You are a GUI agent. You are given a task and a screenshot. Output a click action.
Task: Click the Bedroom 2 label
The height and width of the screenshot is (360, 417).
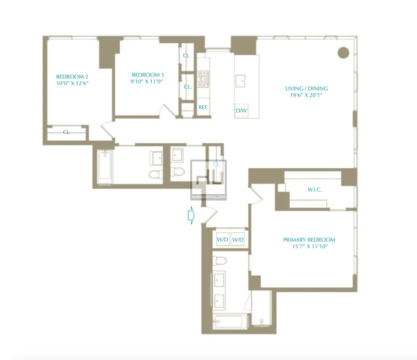(x=72, y=77)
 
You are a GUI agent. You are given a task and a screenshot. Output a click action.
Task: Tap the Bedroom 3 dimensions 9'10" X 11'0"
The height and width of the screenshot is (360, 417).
(x=146, y=81)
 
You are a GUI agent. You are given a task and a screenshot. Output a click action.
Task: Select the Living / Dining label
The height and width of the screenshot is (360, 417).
(x=306, y=89)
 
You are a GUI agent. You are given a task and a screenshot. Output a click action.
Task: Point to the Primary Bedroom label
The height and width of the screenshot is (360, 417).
(x=309, y=240)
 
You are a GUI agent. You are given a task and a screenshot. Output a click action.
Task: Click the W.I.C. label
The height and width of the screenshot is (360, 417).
(x=315, y=190)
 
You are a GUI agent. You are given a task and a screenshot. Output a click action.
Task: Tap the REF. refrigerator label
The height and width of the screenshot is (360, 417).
(x=203, y=107)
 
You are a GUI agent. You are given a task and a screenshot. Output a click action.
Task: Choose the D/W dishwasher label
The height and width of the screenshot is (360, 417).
(x=241, y=110)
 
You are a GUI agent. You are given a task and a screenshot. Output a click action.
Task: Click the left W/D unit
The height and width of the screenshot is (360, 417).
(x=223, y=240)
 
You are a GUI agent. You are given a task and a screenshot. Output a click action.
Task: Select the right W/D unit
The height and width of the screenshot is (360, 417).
(x=238, y=240)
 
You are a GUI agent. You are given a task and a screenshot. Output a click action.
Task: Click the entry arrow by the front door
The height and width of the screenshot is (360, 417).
(x=191, y=215)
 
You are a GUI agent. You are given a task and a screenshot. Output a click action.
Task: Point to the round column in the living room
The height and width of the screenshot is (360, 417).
(x=344, y=53)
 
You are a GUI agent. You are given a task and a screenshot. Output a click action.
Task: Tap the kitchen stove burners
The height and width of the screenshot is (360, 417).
(x=203, y=79)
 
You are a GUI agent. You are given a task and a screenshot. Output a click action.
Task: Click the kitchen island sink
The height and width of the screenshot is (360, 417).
(x=240, y=81)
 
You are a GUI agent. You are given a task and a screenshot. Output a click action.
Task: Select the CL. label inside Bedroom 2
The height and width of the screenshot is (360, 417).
(x=67, y=132)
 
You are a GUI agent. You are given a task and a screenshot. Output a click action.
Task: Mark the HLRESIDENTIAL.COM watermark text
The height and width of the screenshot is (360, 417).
(x=208, y=197)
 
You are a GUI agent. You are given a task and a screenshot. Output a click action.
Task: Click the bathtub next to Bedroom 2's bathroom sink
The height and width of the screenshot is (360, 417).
(x=105, y=167)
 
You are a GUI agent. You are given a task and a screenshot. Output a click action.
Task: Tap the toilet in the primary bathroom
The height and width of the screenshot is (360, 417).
(x=219, y=260)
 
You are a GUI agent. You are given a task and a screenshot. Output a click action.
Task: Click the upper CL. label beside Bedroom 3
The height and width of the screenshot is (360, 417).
(x=187, y=56)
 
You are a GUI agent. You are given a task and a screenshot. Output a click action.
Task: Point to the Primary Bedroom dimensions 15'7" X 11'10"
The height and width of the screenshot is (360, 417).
(x=310, y=246)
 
